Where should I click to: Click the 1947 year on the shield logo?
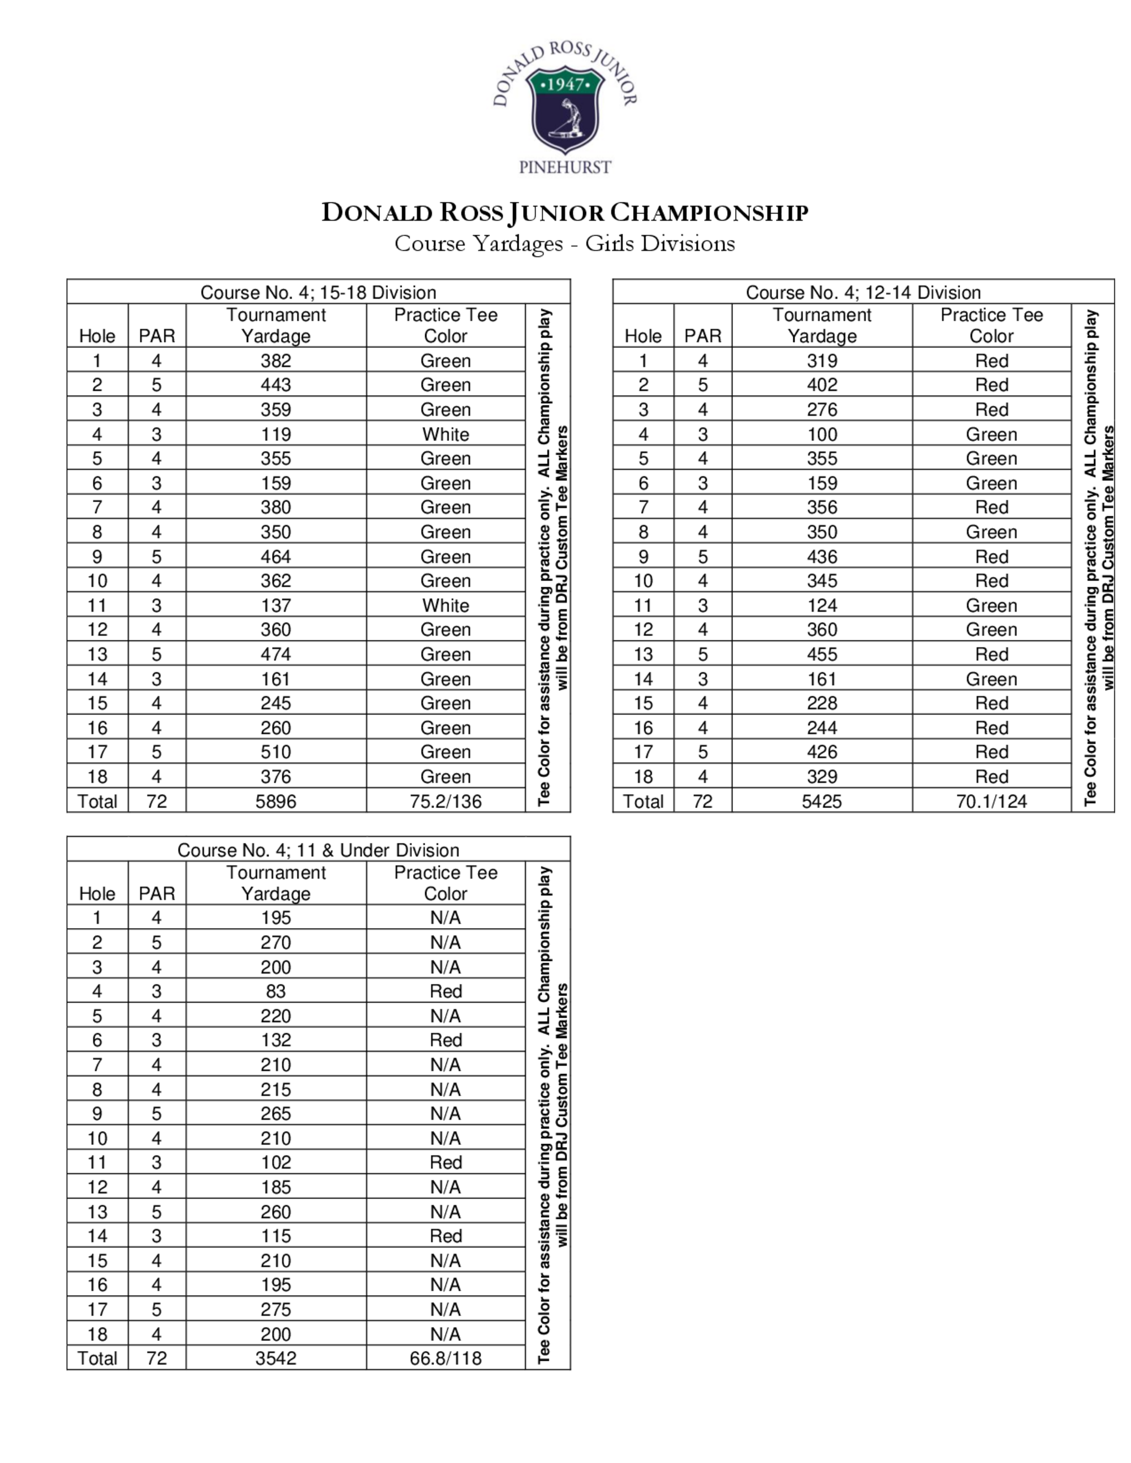pos(565,84)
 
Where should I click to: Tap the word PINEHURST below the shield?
pos(565,167)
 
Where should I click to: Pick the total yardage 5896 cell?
pos(275,801)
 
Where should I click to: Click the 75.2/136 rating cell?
pos(446,801)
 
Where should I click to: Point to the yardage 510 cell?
pos(275,752)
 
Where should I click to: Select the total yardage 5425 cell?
pos(822,801)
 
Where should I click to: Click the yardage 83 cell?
pos(275,991)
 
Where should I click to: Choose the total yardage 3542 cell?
pos(275,1358)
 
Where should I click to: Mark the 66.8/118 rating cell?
pos(446,1358)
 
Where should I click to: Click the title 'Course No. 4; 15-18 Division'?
pos(318,292)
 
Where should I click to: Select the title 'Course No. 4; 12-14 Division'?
pos(863,292)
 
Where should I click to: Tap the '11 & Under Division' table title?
pos(318,850)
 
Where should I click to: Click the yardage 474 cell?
pos(275,654)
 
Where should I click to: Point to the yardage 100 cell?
pos(822,434)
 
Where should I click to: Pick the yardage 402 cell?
pos(822,384)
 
